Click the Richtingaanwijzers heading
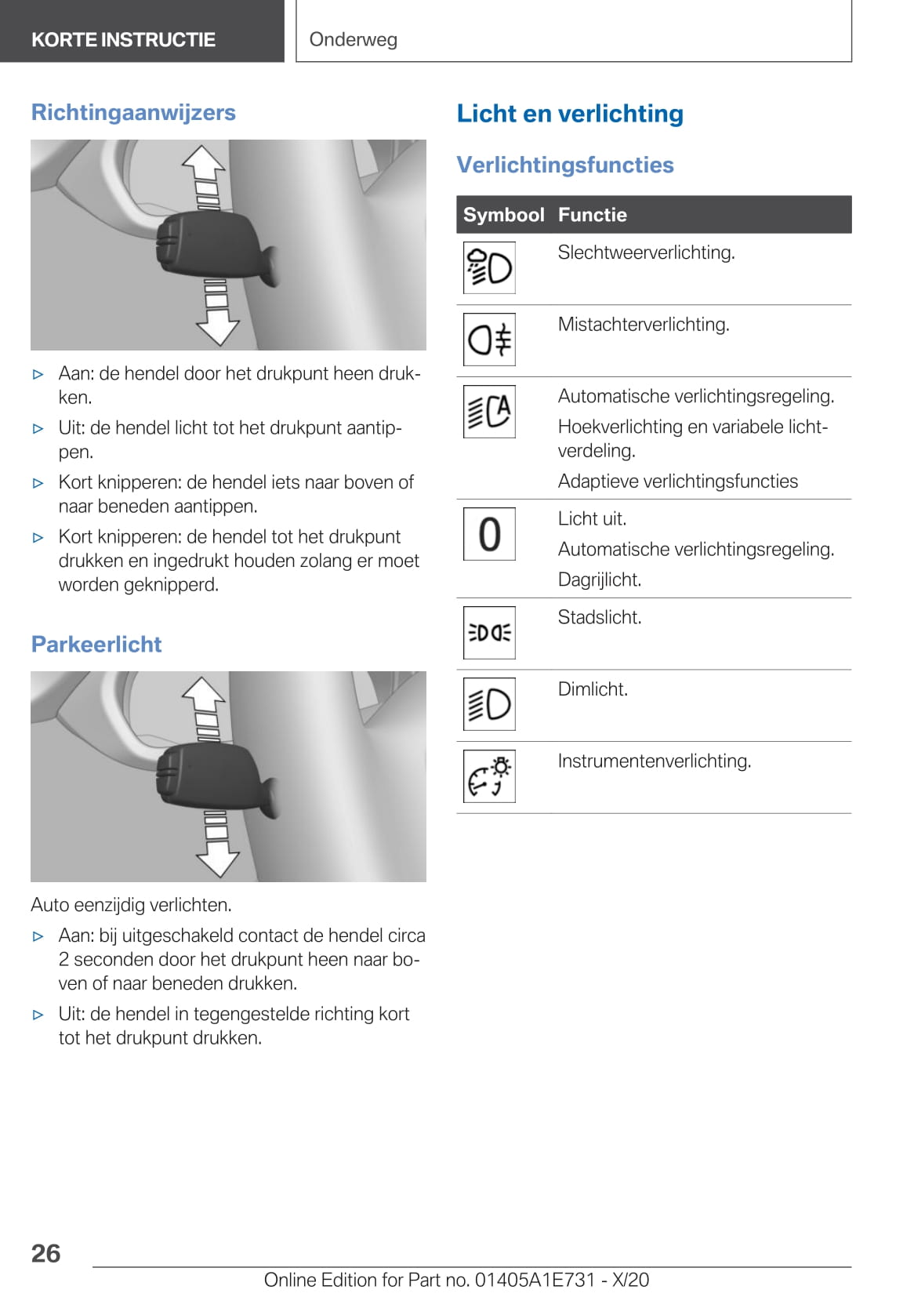pyautogui.click(x=133, y=112)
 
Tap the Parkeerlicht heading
pyautogui.click(x=96, y=644)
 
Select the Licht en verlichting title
pyautogui.click(x=570, y=114)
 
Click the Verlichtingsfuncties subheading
pyautogui.click(x=565, y=165)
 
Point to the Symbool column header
pyautogui.click(x=503, y=215)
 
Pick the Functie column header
pyautogui.click(x=593, y=215)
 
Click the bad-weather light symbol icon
pyautogui.click(x=489, y=268)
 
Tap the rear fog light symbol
pyautogui.click(x=489, y=340)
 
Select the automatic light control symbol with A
pyautogui.click(x=489, y=411)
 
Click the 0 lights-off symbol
pyautogui.click(x=489, y=534)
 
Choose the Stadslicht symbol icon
pyautogui.click(x=489, y=632)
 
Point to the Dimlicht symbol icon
pyautogui.click(x=489, y=703)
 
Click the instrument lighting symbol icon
pyautogui.click(x=489, y=776)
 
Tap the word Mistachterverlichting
pyautogui.click(x=644, y=325)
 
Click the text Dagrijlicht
pyautogui.click(x=600, y=579)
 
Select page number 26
pyautogui.click(x=45, y=1253)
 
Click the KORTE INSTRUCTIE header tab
pyautogui.click(x=123, y=40)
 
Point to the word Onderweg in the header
pyautogui.click(x=354, y=40)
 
